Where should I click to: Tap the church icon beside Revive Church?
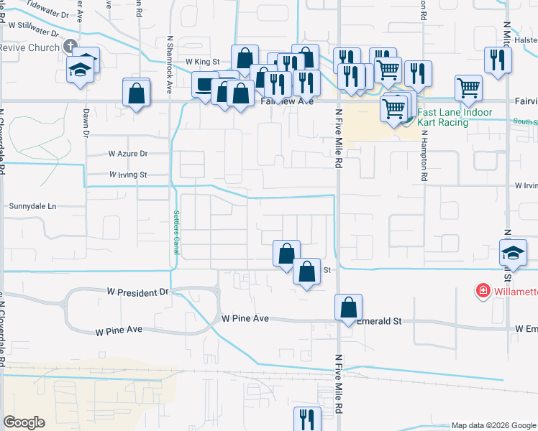pyautogui.click(x=70, y=47)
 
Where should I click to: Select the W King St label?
pyautogui.click(x=202, y=62)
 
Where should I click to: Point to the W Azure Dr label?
pyautogui.click(x=127, y=154)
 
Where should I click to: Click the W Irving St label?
pyautogui.click(x=127, y=175)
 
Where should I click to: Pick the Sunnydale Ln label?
pyautogui.click(x=32, y=206)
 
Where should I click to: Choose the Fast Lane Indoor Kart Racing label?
pyautogui.click(x=455, y=117)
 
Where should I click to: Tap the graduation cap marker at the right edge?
pyautogui.click(x=514, y=254)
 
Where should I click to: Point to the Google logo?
pyautogui.click(x=24, y=422)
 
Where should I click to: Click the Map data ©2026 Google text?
pyautogui.click(x=493, y=426)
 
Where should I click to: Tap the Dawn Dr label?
pyautogui.click(x=85, y=122)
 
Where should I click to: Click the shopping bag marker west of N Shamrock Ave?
pyautogui.click(x=136, y=93)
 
